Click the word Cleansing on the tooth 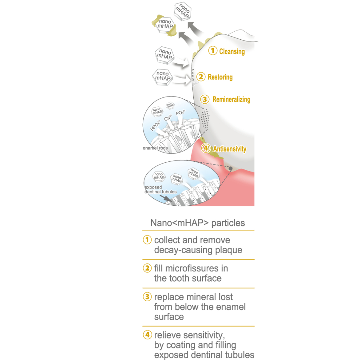point(232,52)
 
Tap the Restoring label point(220,77)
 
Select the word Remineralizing point(231,99)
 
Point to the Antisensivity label point(230,149)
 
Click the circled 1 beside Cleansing point(212,51)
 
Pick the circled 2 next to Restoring point(201,76)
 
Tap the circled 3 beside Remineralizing point(206,99)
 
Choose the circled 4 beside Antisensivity point(206,148)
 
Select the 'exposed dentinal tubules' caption point(160,189)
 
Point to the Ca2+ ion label point(168,118)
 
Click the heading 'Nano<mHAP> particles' point(198,223)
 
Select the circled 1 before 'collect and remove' point(147,240)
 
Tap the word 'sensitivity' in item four point(203,335)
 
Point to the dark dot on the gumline point(230,169)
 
